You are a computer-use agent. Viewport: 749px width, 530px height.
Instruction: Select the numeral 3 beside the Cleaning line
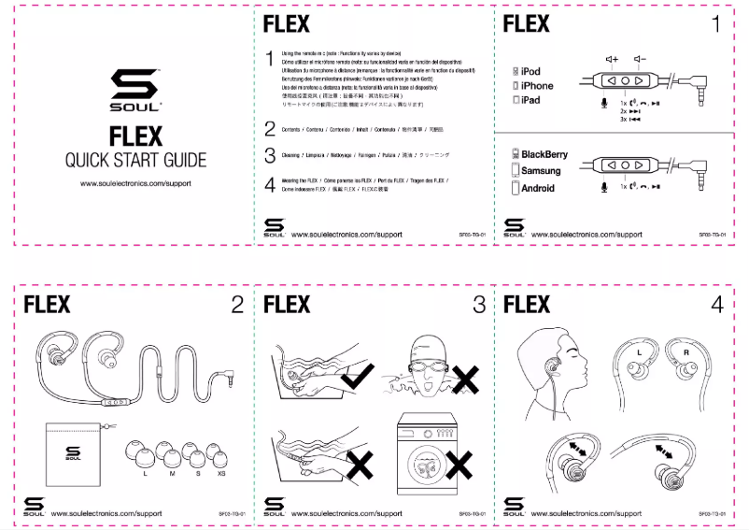point(269,156)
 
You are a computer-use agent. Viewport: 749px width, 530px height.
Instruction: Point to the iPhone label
point(537,86)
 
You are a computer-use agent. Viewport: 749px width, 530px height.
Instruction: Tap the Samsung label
point(541,171)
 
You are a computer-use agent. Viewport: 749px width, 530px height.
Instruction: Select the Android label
point(538,188)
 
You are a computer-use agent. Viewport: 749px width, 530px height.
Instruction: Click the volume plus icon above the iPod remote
point(612,60)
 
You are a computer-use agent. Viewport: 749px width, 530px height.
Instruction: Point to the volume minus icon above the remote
point(639,60)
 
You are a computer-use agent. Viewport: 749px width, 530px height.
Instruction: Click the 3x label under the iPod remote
point(623,120)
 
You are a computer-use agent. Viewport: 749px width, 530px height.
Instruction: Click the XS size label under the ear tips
point(220,473)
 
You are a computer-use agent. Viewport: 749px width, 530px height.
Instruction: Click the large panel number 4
point(716,304)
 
